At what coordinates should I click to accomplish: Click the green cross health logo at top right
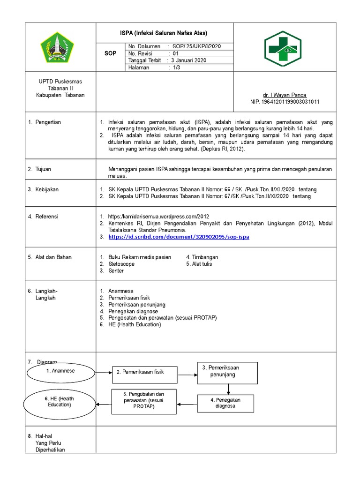(285, 47)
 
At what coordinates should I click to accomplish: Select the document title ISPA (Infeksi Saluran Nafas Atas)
(164, 33)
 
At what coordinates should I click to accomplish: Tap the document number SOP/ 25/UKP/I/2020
(197, 46)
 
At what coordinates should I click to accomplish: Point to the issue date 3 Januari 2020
(188, 60)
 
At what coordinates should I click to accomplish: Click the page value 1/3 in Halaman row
(176, 67)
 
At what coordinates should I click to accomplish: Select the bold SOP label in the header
(110, 53)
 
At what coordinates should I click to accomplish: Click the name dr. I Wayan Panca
(285, 95)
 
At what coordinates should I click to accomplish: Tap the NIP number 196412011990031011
(285, 102)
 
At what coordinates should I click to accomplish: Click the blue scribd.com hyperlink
(179, 237)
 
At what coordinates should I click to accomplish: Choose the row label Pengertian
(48, 122)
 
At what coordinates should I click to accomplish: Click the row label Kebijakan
(47, 189)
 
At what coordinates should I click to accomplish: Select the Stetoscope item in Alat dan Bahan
(121, 264)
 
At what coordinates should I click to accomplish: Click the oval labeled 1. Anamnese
(60, 371)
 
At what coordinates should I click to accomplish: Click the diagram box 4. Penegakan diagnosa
(225, 403)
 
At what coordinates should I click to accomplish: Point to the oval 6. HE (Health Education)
(60, 402)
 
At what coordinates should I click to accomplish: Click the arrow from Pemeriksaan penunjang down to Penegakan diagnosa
(228, 389)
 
